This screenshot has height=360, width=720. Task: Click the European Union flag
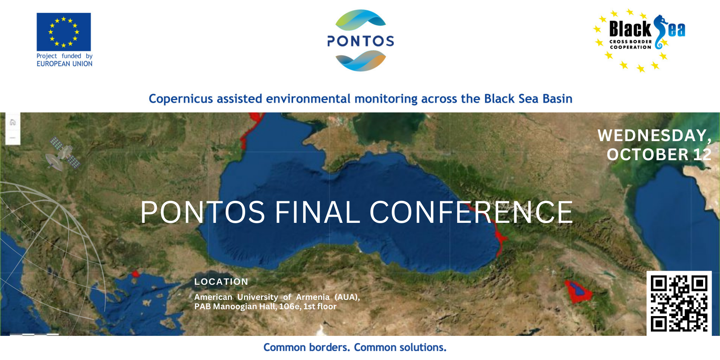64,32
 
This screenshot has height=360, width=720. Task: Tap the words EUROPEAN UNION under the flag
64,64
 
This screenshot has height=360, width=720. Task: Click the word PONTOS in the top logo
361,41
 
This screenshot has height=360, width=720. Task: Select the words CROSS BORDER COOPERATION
631,44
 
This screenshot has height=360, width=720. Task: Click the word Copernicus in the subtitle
181,99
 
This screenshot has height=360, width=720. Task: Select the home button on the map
13,122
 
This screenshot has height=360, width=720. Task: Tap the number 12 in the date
702,154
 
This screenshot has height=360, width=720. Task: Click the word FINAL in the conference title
317,212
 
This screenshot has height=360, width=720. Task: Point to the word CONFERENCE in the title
471,212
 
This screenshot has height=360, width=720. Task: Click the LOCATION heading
221,282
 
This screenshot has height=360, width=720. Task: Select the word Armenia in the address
313,297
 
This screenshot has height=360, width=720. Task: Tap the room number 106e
290,306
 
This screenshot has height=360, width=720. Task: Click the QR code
679,303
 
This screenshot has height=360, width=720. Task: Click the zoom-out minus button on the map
13,138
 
